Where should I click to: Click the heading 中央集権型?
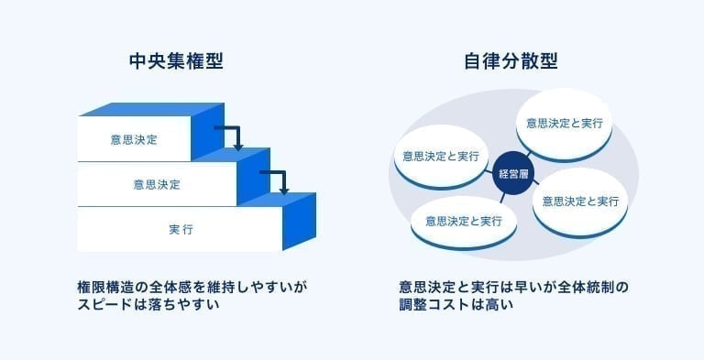177,62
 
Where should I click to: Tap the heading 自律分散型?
511,62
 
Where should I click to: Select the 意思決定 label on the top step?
134,140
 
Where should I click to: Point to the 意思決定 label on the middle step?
157,184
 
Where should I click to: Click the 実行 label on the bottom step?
180,228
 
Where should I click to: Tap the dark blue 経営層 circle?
511,173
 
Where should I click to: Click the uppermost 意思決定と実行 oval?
564,122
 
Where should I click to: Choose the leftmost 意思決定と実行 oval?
439,155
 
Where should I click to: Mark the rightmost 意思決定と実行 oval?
581,201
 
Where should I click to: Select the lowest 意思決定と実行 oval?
464,221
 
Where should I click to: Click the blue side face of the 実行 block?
298,224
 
